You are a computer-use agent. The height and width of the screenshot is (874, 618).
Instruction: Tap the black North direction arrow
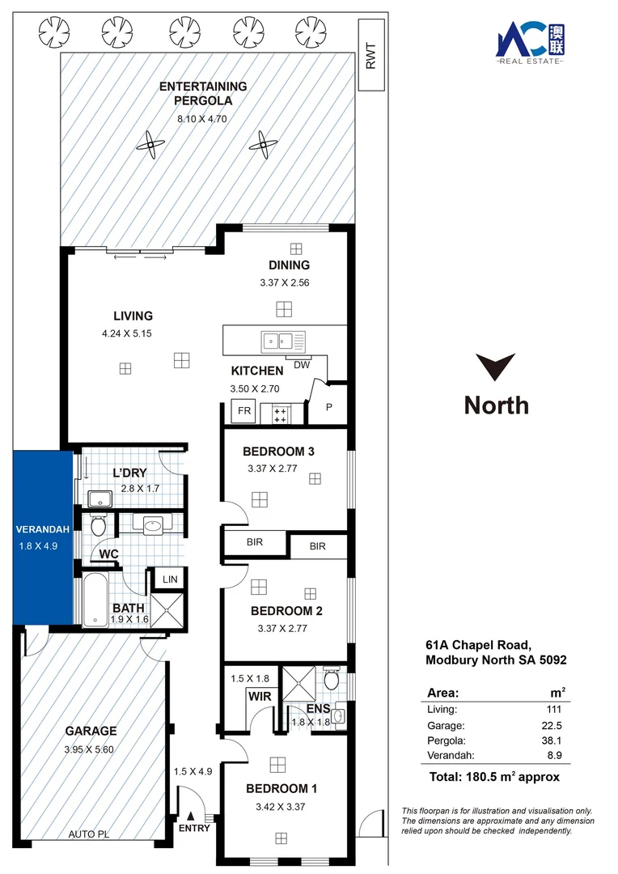tap(496, 367)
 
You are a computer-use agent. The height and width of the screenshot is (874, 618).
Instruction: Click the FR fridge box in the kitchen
tap(243, 411)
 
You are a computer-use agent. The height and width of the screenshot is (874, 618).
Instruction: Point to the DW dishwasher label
tap(301, 365)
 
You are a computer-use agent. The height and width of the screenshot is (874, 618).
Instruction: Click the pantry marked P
tap(329, 407)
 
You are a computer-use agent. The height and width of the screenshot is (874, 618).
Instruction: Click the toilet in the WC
tap(98, 527)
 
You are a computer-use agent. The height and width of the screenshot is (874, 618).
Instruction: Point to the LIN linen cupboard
tap(170, 579)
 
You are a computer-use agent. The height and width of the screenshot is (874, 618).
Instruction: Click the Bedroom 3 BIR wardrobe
tap(255, 543)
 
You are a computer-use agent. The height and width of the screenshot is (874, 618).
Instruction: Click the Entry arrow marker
tap(192, 817)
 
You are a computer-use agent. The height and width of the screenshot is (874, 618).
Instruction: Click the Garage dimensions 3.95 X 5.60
tap(89, 749)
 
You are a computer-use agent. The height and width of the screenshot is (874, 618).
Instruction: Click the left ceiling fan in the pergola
tap(150, 146)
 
